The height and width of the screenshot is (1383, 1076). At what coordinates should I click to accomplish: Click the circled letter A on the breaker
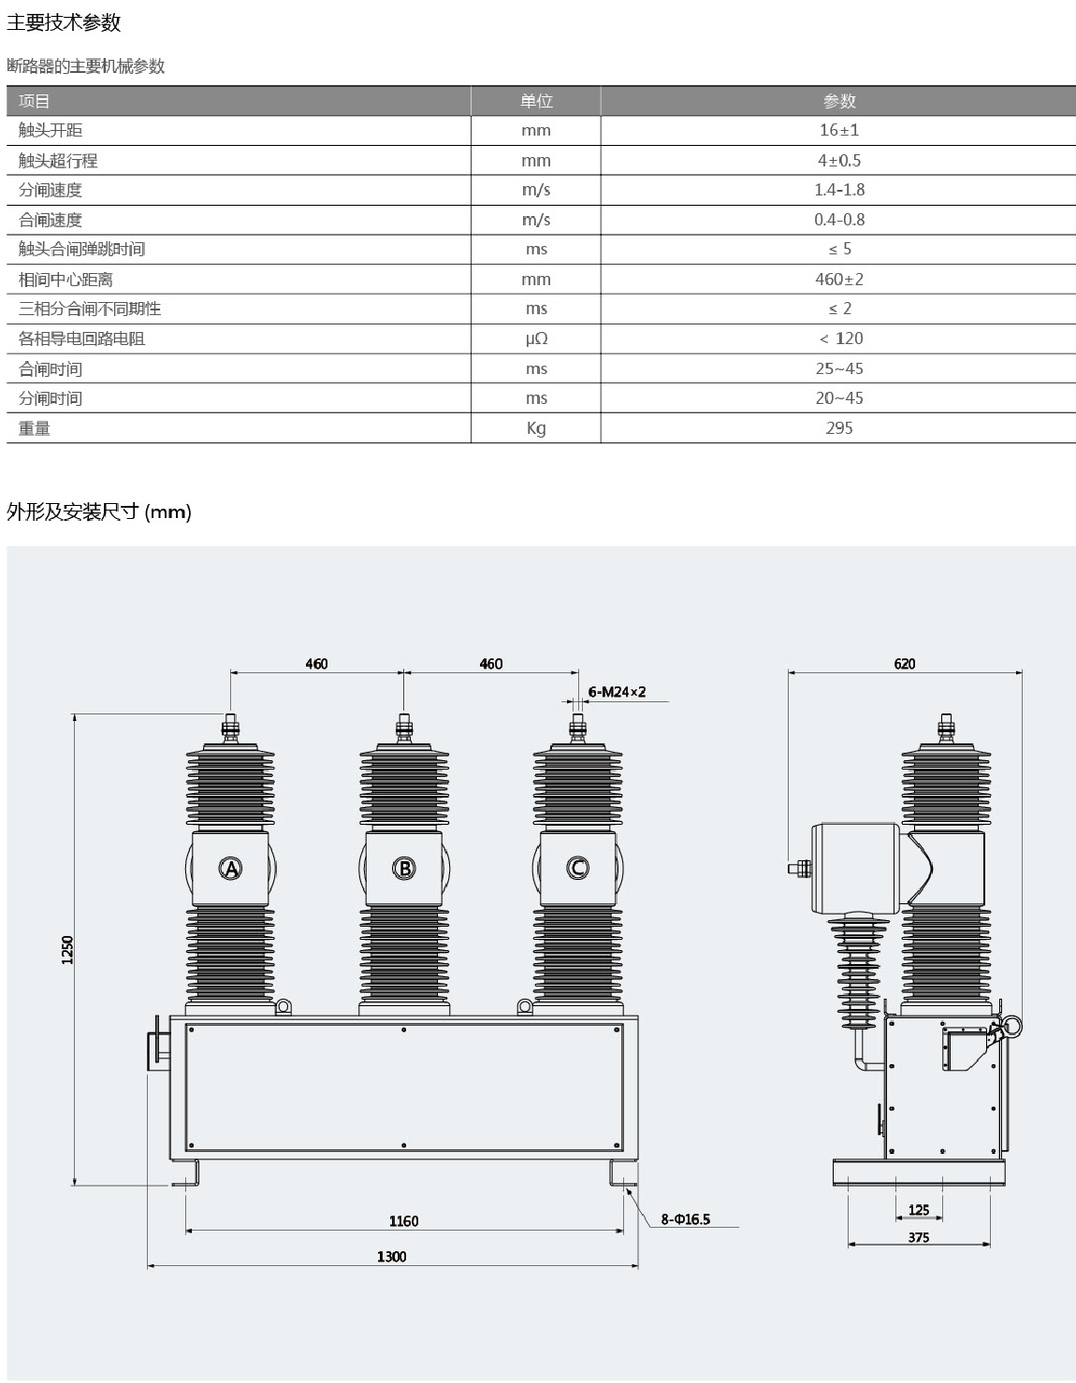point(230,868)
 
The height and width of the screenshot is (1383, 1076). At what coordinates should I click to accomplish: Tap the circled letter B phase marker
point(404,868)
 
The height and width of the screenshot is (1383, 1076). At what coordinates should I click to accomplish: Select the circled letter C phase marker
point(577,868)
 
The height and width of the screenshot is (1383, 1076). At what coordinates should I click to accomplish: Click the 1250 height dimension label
point(67,950)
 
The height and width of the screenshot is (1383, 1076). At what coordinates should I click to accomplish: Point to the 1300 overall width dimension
point(391,1256)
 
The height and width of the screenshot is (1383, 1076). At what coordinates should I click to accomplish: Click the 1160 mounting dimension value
point(403,1220)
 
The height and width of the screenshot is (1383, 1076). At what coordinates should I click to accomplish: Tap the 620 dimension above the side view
point(904,663)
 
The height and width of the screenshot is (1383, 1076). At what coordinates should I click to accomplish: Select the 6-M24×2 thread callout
point(617,692)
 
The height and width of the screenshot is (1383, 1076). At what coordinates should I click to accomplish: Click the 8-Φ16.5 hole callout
point(685,1218)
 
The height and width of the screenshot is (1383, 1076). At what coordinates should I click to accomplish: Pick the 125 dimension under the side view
point(919,1209)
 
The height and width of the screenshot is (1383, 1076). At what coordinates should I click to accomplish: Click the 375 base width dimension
point(919,1236)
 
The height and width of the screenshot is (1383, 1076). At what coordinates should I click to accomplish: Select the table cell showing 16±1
point(838,130)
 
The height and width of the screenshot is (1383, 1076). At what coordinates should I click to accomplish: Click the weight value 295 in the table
point(838,427)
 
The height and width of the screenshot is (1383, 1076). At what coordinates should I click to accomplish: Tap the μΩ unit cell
point(535,339)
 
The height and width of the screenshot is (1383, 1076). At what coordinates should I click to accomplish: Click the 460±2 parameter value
point(838,279)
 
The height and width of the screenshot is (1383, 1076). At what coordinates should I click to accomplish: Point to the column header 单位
point(535,101)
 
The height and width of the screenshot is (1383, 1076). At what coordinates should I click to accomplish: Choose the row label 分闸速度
point(51,190)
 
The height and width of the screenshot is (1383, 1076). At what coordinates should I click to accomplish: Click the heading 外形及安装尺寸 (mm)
point(98,511)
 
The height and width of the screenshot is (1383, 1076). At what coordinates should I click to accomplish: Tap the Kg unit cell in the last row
point(535,427)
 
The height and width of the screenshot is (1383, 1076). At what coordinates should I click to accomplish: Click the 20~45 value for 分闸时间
point(838,397)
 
